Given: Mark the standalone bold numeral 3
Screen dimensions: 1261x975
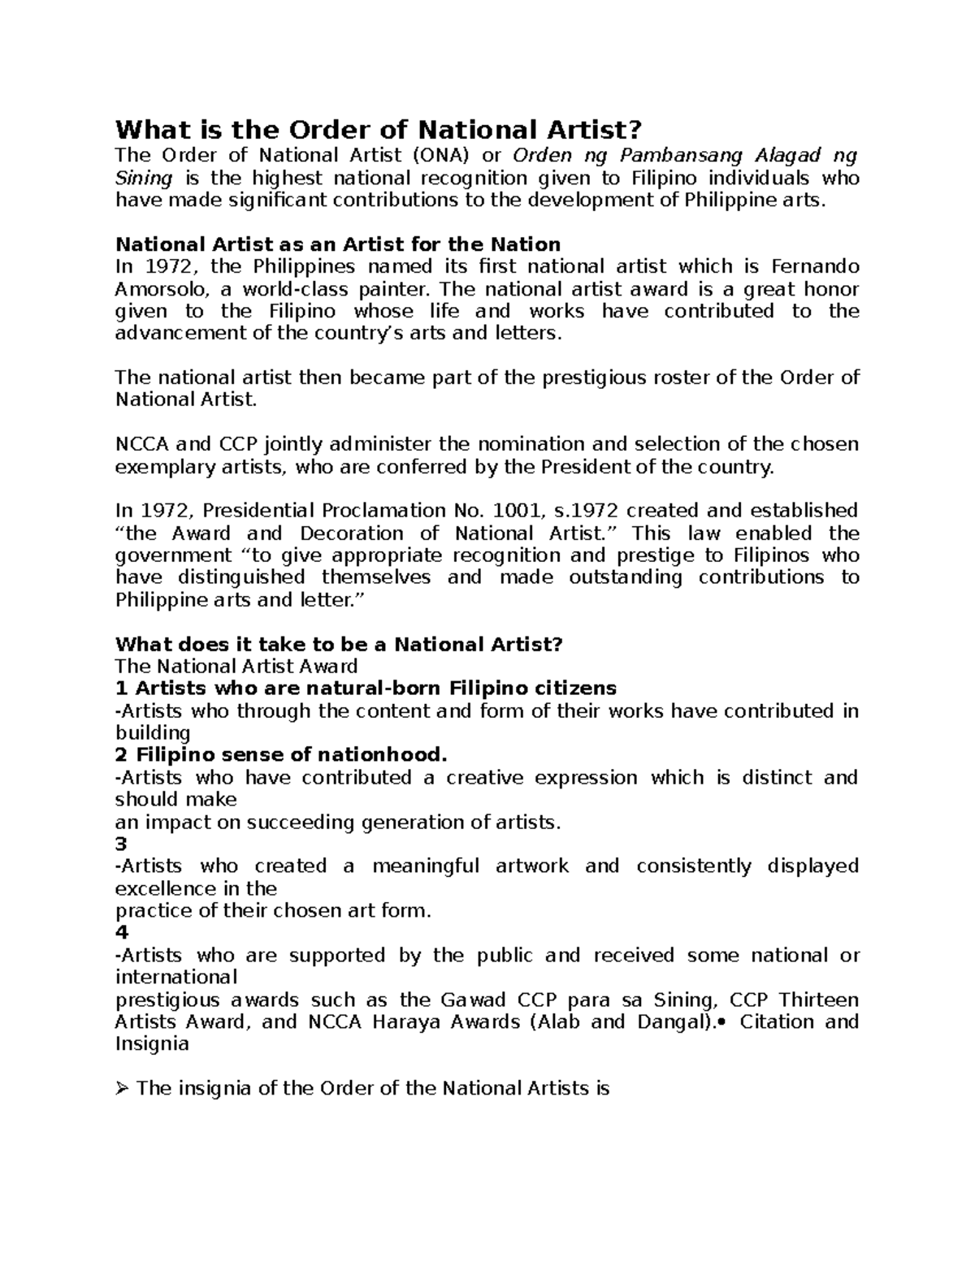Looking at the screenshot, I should click(122, 844).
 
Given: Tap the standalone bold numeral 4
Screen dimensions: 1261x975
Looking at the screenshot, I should click(122, 933).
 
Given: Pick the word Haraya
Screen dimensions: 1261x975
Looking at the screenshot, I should click(406, 1021).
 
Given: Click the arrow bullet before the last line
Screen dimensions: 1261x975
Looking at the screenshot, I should click(123, 1089).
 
